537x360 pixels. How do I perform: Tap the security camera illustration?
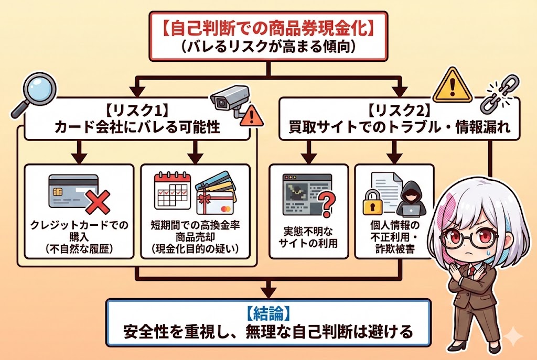[x=229, y=100]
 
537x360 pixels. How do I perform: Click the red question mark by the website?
[x=326, y=202]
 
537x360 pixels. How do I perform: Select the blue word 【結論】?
[x=268, y=314]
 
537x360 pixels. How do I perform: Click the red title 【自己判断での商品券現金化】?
[x=268, y=28]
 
